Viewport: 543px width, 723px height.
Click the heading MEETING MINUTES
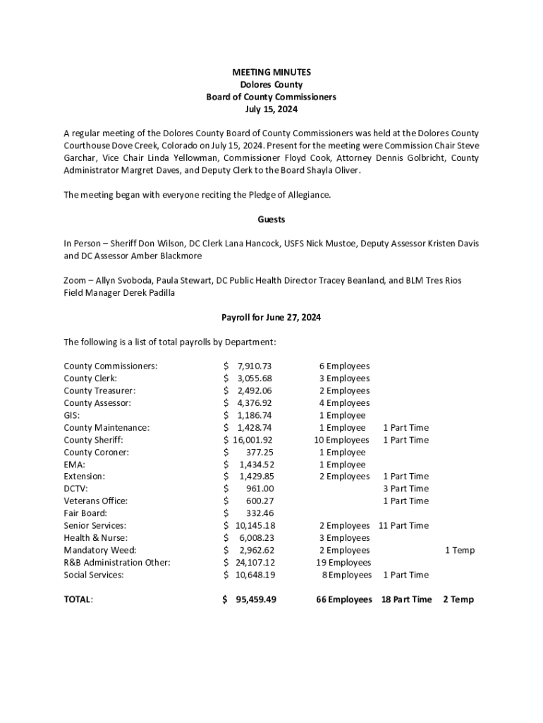[x=271, y=72]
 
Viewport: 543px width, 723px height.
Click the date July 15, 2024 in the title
[x=271, y=109]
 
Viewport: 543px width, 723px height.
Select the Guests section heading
[x=271, y=220]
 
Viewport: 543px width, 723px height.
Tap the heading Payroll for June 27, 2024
[x=271, y=318]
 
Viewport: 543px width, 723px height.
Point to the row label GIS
[x=71, y=415]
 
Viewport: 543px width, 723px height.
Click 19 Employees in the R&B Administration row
[x=343, y=563]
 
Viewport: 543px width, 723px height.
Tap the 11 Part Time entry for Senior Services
[x=403, y=526]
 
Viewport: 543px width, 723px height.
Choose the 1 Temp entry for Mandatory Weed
[x=459, y=550]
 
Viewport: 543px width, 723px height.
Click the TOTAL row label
[x=78, y=599]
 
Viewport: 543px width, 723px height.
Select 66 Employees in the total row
[x=343, y=599]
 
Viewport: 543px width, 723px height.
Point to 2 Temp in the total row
[x=458, y=599]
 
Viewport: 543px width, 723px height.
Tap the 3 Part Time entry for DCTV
[x=405, y=489]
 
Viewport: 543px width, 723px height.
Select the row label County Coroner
[x=96, y=452]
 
